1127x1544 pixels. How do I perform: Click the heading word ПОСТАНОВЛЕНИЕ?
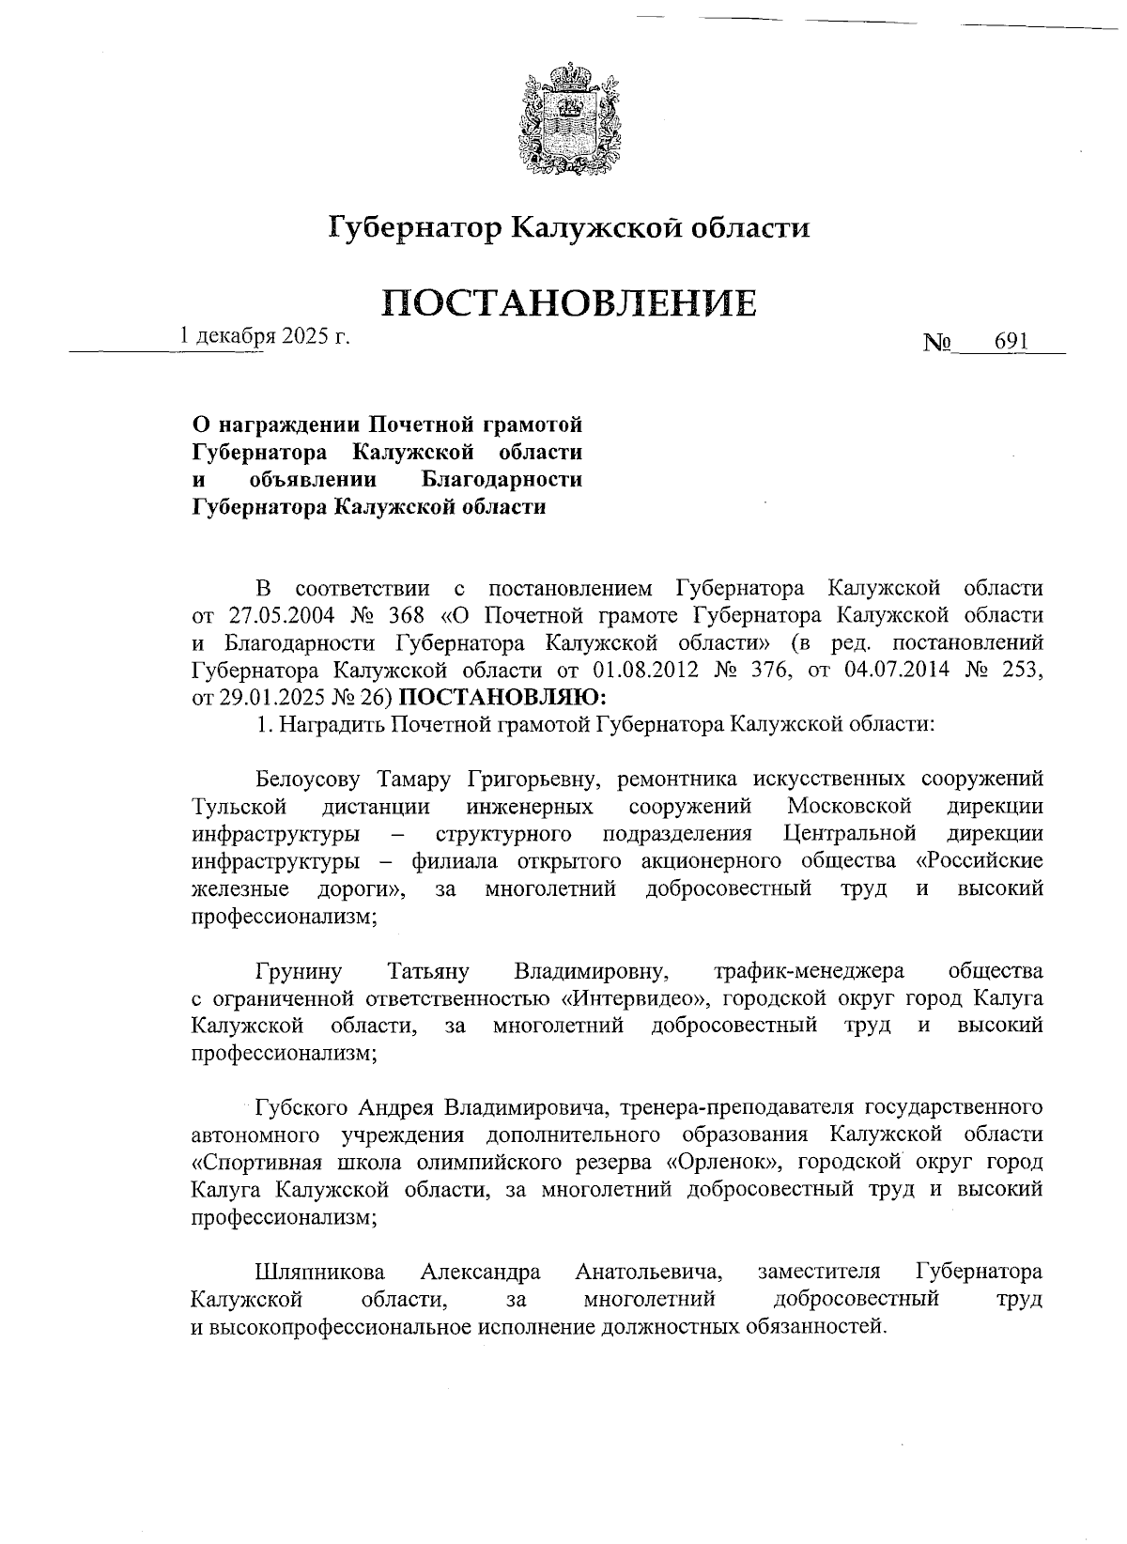click(x=568, y=302)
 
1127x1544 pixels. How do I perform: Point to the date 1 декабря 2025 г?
click(x=265, y=335)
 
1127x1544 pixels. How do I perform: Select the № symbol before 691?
click(x=938, y=344)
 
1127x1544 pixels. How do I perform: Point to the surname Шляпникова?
click(x=319, y=1272)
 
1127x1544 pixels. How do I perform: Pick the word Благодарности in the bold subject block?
click(x=501, y=480)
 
